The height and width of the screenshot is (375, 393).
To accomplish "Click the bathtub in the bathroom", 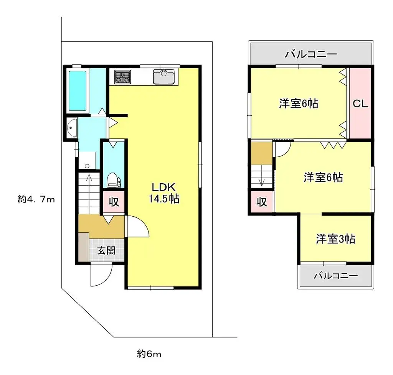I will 78,90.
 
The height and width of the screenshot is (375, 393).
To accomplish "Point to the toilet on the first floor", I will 113,179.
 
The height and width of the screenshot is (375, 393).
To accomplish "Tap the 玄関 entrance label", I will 106,251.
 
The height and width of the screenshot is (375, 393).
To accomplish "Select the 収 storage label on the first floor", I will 113,202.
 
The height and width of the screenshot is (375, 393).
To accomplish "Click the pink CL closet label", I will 360,104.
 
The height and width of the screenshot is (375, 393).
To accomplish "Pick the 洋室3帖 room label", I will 335,239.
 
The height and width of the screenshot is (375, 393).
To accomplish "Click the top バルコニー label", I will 311,54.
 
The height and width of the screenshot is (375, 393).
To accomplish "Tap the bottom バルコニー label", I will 335,276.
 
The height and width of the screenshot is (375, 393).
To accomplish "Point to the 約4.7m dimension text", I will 36,199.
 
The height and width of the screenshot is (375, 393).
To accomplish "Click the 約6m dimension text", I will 149,354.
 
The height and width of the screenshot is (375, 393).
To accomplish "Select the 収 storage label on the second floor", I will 262,202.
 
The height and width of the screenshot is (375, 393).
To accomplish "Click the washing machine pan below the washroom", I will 88,160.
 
